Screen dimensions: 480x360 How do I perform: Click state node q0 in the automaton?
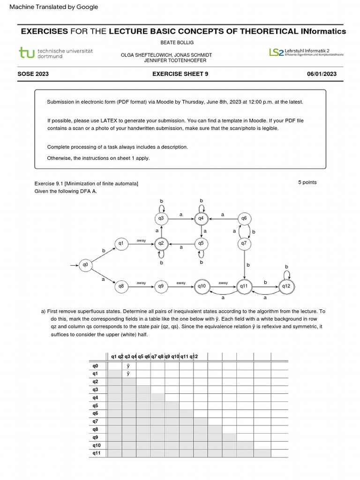click(x=85, y=265)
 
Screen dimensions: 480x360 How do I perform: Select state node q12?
click(x=286, y=285)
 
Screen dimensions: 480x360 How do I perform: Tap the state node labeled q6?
click(x=244, y=218)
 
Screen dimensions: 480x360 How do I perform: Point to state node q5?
click(x=201, y=243)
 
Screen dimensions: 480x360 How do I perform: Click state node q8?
click(x=121, y=285)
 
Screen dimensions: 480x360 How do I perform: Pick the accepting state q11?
click(x=244, y=285)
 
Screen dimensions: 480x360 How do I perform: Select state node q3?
click(x=161, y=218)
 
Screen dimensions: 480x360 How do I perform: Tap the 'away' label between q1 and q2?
click(x=141, y=240)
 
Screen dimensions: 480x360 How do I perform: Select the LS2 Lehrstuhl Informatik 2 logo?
click(x=306, y=52)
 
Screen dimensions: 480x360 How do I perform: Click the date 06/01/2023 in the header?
click(x=322, y=74)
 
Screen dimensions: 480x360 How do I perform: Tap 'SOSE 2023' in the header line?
click(x=33, y=74)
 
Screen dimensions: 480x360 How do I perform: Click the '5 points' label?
click(x=307, y=182)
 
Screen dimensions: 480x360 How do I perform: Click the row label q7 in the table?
click(x=96, y=421)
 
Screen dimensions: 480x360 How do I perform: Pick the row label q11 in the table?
click(x=97, y=453)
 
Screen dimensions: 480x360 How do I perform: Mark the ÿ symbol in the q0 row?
click(x=128, y=366)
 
